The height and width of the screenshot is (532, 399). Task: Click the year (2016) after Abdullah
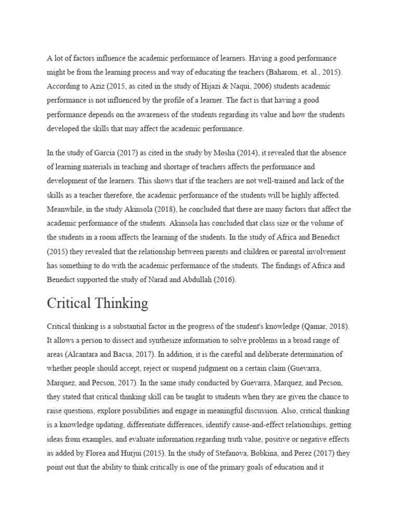(x=225, y=280)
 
